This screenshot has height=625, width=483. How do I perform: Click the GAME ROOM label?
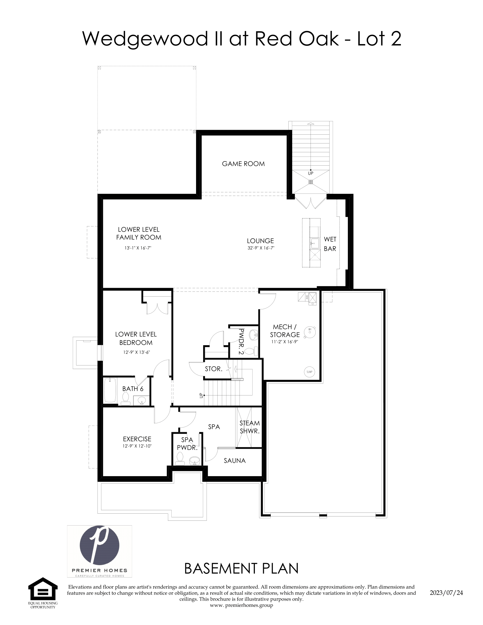tap(243, 164)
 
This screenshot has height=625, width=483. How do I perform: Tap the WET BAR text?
tap(330, 244)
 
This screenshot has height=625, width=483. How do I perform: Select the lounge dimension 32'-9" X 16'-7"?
tap(261, 248)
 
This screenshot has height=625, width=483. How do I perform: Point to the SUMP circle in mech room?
tap(309, 372)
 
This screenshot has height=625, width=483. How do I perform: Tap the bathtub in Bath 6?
tap(110, 390)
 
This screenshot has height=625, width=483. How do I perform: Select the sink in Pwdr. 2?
tap(253, 335)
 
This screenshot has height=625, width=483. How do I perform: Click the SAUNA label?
tap(235, 461)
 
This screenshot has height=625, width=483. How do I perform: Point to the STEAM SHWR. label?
tap(249, 427)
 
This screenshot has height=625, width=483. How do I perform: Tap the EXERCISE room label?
tap(137, 439)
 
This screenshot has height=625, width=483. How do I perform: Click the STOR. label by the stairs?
tap(213, 369)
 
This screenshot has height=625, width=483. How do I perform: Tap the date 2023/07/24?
tap(446, 593)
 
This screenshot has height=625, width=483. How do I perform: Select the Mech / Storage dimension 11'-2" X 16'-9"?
tap(285, 342)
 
